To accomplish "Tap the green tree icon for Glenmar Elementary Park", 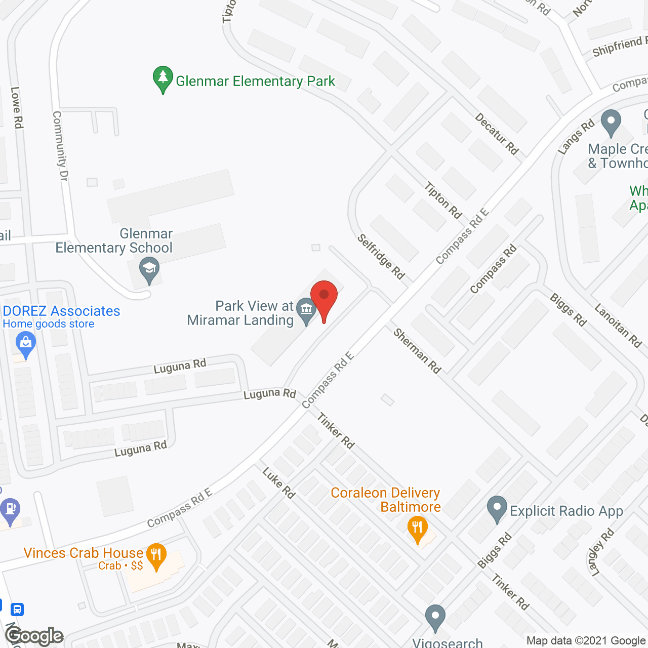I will coord(163,78).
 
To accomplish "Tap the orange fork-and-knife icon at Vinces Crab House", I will coord(156,555).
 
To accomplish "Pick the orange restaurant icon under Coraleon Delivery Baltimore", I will coord(417,529).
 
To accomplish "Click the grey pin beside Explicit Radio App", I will coord(497,508).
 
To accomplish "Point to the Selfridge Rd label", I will coord(381,257).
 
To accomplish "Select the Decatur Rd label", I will coord(497,134).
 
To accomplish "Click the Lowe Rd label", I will coord(17,107).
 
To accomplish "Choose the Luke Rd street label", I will coord(279,483).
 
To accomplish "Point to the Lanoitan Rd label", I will coord(618,325).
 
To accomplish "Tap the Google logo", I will coord(34,636).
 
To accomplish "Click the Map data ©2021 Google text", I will coord(586,641).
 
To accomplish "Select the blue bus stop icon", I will coord(17,609).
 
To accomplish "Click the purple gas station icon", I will coord(10,509).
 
